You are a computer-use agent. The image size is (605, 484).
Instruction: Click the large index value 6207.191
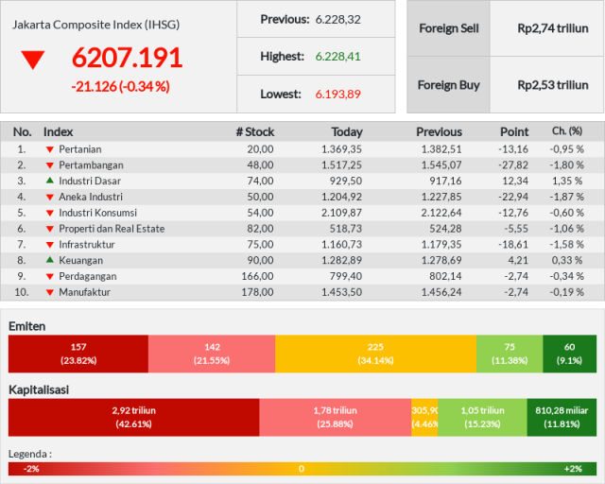click(127, 58)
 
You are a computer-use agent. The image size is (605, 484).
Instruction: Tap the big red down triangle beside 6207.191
click(33, 59)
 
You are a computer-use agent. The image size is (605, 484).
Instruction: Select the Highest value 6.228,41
click(338, 57)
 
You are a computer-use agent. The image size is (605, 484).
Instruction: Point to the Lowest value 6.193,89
click(338, 94)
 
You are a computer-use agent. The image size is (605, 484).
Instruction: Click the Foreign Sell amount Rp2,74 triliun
click(553, 28)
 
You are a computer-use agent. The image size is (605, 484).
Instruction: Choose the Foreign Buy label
click(449, 85)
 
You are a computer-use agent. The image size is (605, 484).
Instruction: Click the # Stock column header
click(255, 132)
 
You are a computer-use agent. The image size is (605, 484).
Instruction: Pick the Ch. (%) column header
click(567, 131)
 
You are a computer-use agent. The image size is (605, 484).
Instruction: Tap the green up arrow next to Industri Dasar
click(50, 181)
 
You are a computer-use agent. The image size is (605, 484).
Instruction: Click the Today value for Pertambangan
click(342, 165)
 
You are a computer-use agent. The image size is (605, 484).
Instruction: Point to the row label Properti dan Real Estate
click(112, 229)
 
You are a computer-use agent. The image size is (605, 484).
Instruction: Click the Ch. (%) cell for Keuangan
click(567, 260)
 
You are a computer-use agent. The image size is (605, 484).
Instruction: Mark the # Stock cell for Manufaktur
click(257, 292)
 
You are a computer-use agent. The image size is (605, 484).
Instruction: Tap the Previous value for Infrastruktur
click(441, 244)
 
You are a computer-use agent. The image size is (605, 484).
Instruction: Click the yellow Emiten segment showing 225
click(376, 354)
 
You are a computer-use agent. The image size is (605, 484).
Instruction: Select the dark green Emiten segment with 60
click(569, 354)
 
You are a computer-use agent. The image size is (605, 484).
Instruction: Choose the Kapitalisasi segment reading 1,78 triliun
click(336, 417)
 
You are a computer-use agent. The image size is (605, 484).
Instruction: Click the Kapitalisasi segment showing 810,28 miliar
click(562, 417)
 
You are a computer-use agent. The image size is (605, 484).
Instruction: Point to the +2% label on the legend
click(573, 469)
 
